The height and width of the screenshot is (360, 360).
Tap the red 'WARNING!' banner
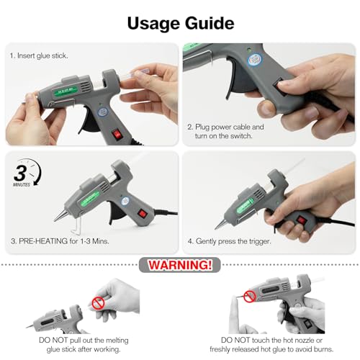coord(179,265)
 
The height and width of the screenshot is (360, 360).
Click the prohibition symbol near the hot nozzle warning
coord(248,295)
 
